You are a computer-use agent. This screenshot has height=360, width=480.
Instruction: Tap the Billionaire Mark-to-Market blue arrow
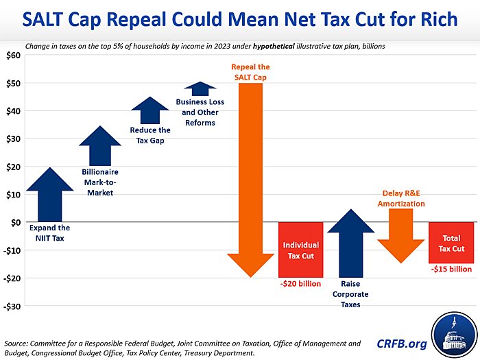click(100, 147)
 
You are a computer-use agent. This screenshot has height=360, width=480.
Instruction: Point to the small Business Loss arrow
click(200, 89)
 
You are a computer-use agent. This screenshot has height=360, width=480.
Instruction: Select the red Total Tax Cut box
click(451, 243)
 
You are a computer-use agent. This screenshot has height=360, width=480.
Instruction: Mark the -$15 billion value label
click(451, 269)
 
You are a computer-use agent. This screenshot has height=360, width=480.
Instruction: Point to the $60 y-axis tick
click(13, 55)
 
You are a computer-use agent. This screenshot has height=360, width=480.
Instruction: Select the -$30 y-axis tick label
click(12, 306)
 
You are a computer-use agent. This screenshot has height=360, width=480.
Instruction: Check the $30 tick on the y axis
click(13, 139)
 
